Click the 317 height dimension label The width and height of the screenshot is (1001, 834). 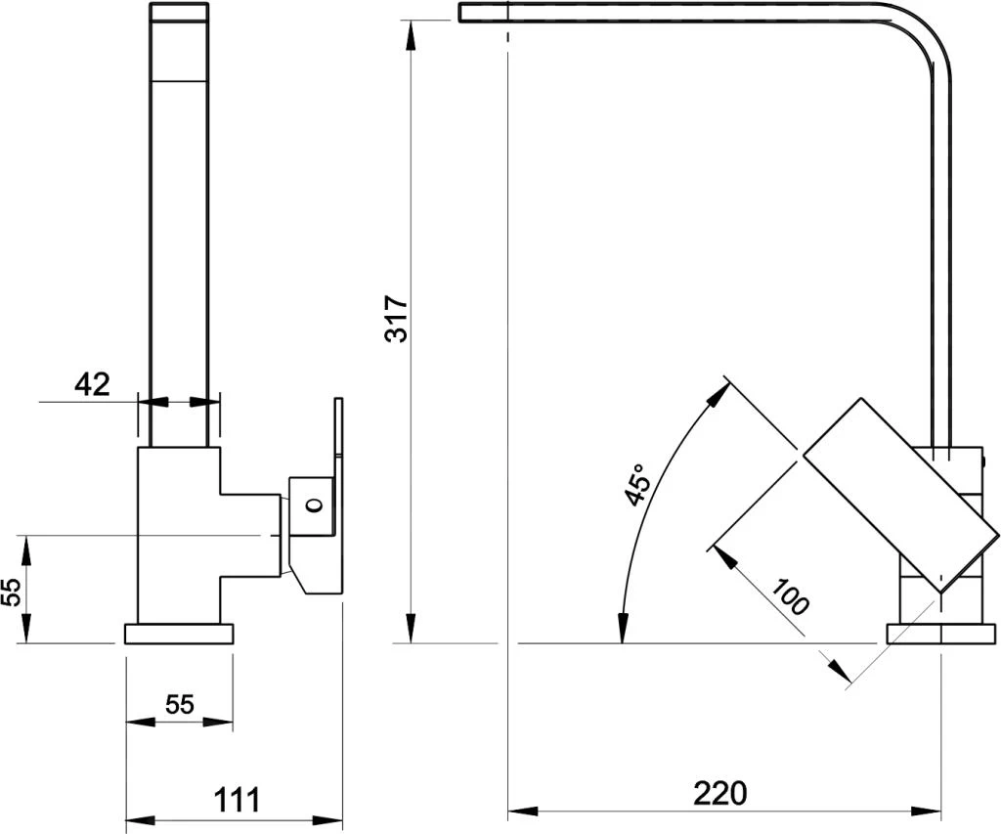pos(397,319)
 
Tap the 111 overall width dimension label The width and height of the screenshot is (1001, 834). pos(237,800)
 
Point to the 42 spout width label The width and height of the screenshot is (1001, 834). pos(93,384)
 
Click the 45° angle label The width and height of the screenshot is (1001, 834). pos(636,484)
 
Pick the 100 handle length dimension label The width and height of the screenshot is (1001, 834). pos(790,596)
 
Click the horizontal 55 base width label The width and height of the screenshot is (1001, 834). pos(180,704)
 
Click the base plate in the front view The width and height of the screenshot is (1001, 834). pos(180,635)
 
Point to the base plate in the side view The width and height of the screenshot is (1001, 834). pos(940,635)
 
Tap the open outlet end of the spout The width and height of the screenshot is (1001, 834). pos(462,12)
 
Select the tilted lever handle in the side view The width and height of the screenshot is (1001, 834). pos(901,496)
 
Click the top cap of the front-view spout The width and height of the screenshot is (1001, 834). pos(179,13)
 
